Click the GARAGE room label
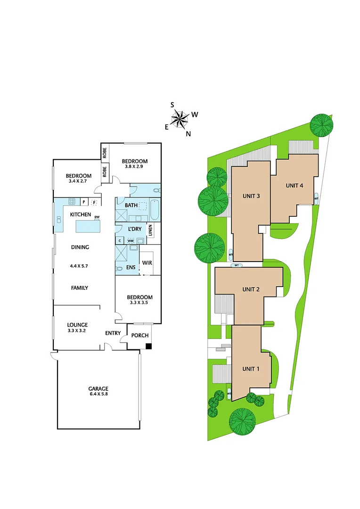(98, 389)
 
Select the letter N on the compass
(188, 134)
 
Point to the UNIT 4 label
(294, 185)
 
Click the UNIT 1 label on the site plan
(251, 369)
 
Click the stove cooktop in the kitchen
(73, 202)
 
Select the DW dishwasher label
(97, 217)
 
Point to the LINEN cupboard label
(150, 230)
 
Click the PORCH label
(139, 336)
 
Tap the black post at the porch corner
(148, 346)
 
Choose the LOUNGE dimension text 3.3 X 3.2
(77, 331)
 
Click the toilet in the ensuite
(119, 268)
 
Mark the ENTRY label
(113, 333)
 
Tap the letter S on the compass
(172, 105)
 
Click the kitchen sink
(59, 220)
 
